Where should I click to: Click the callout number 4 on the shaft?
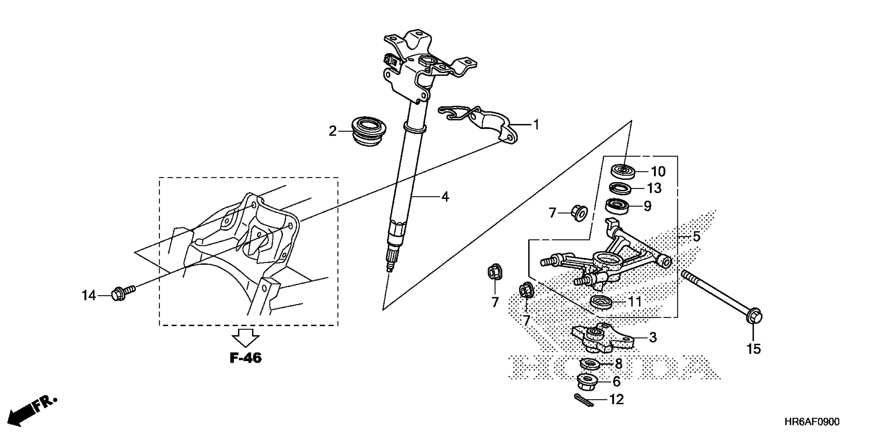(x=445, y=197)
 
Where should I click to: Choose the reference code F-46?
(x=246, y=358)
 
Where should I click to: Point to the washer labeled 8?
(x=591, y=364)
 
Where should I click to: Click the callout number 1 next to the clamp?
(x=536, y=125)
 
